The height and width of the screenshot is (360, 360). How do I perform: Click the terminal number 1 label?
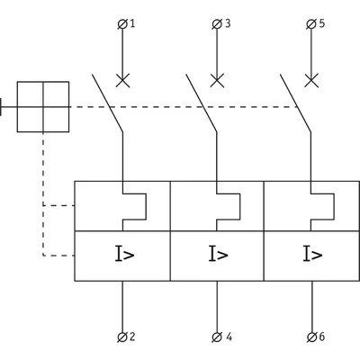132,23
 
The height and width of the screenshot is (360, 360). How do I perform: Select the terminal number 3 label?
228,23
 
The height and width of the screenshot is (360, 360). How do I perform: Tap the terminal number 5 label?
322,23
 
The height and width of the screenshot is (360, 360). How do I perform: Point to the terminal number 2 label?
131,337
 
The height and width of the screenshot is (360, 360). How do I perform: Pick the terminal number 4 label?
229,337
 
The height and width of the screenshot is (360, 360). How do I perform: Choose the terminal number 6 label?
322,337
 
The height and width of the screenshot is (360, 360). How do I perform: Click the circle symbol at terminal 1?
122,24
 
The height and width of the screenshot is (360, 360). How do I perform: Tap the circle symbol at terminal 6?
312,337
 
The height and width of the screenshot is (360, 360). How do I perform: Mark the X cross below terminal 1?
122,80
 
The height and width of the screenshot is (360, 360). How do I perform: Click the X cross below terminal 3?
217,80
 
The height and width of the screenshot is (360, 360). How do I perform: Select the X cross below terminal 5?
311,80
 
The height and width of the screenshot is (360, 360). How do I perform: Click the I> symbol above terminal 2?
124,254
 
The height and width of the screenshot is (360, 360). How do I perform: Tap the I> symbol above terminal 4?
219,254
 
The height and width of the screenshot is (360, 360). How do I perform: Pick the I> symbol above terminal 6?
312,254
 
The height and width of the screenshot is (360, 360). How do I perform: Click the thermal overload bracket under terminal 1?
146,207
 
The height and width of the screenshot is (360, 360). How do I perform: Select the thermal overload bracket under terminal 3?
240,207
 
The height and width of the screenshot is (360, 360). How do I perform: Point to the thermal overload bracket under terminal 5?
334,207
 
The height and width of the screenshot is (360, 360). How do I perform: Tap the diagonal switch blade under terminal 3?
202,103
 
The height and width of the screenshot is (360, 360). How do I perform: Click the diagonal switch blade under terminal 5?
295,103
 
